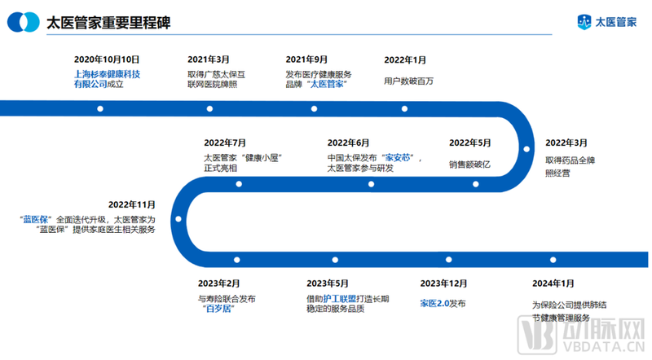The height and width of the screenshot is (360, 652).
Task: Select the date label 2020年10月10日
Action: (x=107, y=59)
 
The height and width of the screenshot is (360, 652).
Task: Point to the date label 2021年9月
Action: (x=307, y=59)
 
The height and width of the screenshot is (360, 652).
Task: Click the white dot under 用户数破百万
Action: (x=403, y=108)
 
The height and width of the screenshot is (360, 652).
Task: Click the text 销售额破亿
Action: (x=469, y=164)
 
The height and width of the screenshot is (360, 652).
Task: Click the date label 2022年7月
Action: (x=224, y=143)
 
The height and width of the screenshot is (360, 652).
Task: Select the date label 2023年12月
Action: (x=443, y=283)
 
